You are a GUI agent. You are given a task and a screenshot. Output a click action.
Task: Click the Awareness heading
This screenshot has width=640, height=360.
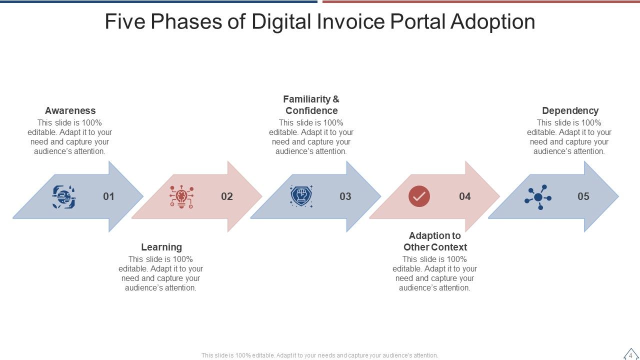click(70, 110)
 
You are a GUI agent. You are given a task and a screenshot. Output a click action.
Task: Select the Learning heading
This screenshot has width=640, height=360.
click(161, 247)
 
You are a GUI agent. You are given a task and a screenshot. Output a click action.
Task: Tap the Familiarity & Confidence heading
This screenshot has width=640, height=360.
click(311, 105)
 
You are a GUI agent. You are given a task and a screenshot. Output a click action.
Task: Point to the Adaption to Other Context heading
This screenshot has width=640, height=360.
click(435, 241)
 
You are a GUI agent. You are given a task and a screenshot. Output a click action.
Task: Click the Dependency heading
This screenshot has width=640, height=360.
click(570, 110)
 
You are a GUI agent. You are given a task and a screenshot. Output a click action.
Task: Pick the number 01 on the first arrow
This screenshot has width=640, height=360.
click(108, 196)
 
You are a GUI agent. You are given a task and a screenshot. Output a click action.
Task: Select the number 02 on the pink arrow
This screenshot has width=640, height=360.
click(227, 196)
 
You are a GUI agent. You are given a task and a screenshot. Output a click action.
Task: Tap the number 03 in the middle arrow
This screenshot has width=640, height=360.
click(345, 196)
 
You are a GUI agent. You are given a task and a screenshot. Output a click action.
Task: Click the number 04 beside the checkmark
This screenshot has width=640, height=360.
click(465, 196)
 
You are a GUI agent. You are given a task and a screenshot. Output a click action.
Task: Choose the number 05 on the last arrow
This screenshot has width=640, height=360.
click(583, 196)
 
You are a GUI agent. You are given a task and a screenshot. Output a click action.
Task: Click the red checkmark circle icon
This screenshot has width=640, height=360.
click(419, 196)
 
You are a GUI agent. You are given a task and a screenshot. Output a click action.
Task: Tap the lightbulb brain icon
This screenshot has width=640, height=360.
click(181, 196)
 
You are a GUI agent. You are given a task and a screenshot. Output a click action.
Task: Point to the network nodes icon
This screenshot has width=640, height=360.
click(538, 197)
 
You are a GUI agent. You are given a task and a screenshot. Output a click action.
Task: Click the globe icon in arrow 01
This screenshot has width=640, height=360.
click(64, 196)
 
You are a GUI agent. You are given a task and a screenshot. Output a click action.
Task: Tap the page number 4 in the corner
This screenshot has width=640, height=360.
click(630, 355)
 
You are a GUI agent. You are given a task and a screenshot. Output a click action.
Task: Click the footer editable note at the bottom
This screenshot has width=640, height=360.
click(319, 355)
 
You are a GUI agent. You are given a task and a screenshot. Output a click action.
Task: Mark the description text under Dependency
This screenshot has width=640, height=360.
click(569, 137)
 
